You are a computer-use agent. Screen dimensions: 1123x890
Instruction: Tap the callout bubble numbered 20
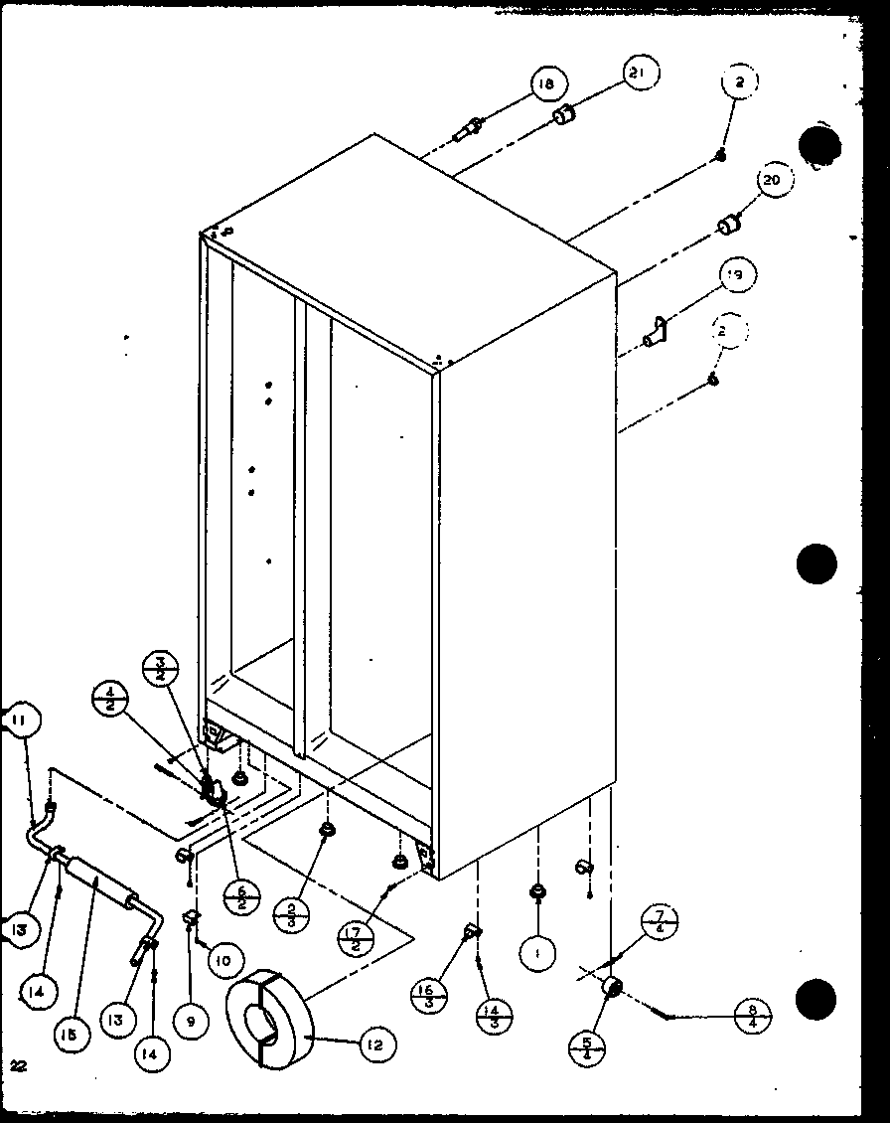tap(773, 181)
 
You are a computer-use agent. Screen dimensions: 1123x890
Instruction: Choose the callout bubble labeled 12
tap(376, 1044)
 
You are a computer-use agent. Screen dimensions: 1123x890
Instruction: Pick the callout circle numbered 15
tap(75, 1033)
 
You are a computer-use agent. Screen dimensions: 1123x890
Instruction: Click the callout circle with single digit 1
tap(537, 954)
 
